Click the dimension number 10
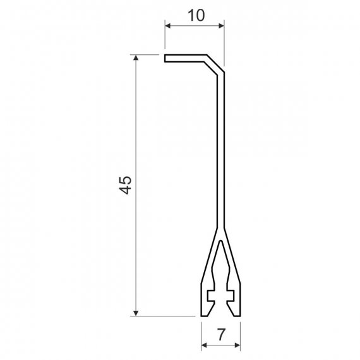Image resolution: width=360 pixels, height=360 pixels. (196, 15)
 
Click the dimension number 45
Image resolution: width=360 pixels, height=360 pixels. (125, 185)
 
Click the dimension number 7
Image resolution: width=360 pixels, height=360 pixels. (221, 335)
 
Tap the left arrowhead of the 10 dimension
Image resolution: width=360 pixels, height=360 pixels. (168, 26)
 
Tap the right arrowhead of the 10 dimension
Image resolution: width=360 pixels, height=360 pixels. (221, 26)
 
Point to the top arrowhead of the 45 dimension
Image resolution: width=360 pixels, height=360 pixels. (136, 57)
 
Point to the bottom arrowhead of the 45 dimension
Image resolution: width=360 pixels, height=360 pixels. (136, 313)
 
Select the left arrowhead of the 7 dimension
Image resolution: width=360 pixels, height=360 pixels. (204, 345)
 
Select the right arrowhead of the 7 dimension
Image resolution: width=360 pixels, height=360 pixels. (237, 345)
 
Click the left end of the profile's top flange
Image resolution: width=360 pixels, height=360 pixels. (165, 58)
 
